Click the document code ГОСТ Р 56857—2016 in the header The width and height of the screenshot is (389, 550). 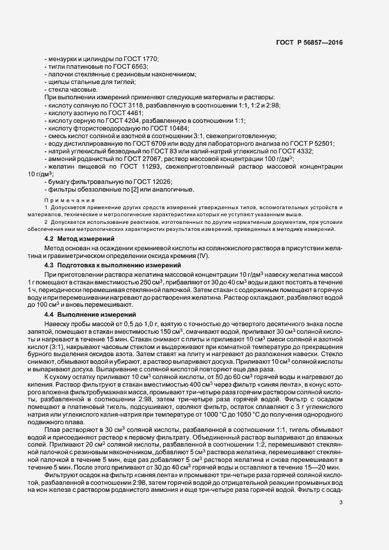click(309, 42)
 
